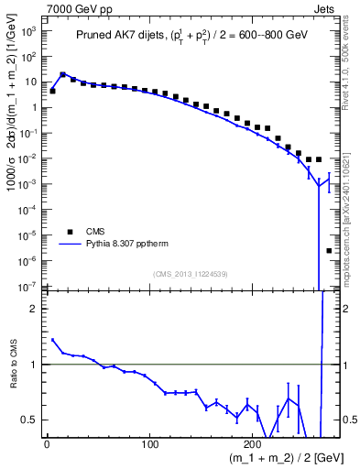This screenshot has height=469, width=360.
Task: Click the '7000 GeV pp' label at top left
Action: (38, 8)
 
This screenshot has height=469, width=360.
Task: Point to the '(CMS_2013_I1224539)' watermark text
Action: (189, 273)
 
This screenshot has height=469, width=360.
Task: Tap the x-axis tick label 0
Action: (47, 445)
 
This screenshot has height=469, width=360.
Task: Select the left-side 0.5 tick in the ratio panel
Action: (31, 420)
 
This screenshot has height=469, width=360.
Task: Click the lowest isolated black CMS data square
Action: (329, 250)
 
